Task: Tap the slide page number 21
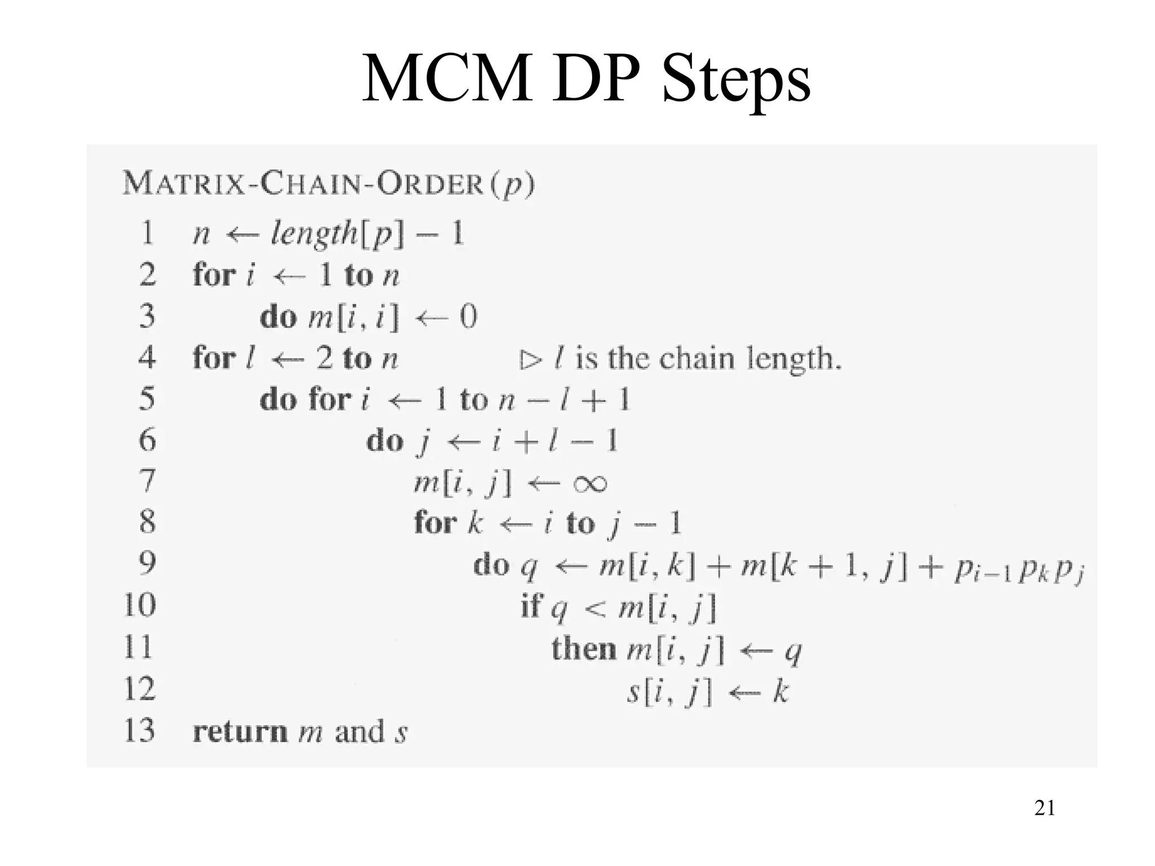point(1044,808)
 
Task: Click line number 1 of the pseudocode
point(147,233)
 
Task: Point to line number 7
point(147,481)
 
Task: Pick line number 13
point(139,730)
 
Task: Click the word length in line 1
point(314,233)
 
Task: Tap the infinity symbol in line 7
point(590,484)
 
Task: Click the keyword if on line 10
point(531,607)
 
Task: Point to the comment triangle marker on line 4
point(530,360)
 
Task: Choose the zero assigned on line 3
point(468,316)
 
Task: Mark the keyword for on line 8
point(435,522)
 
